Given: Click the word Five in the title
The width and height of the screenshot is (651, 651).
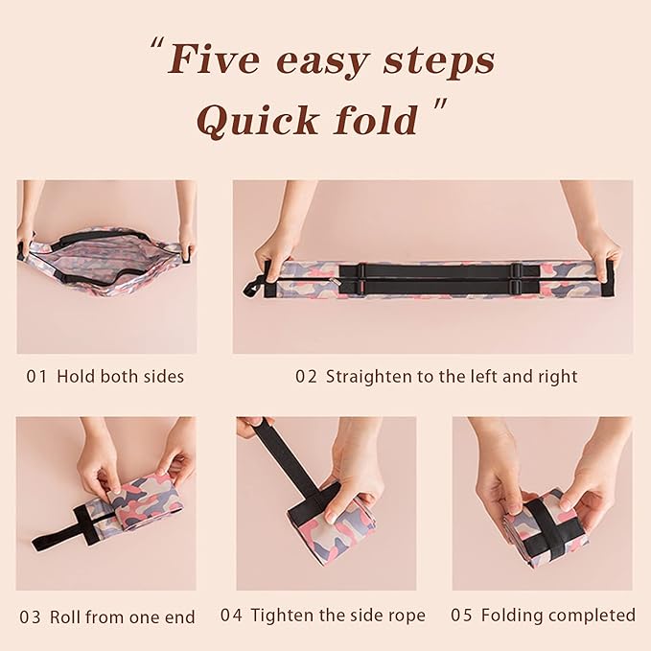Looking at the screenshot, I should coord(214,59).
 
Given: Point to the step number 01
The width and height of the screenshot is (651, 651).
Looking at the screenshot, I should coord(35,377).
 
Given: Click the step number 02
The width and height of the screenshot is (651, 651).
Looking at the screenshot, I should coord(306,377).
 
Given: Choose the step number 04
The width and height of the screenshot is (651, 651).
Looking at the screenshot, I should coord(231,616).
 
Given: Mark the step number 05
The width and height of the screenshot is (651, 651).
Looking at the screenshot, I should coord(461,616).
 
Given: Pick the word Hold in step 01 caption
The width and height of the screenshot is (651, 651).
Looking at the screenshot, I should coord(75,377).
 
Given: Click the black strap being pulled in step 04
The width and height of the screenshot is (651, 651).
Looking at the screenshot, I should coord(288,460).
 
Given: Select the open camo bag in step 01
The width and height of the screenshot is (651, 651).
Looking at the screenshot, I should coord(104,262).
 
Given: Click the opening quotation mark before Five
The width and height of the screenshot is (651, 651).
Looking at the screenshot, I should coord(154,47).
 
